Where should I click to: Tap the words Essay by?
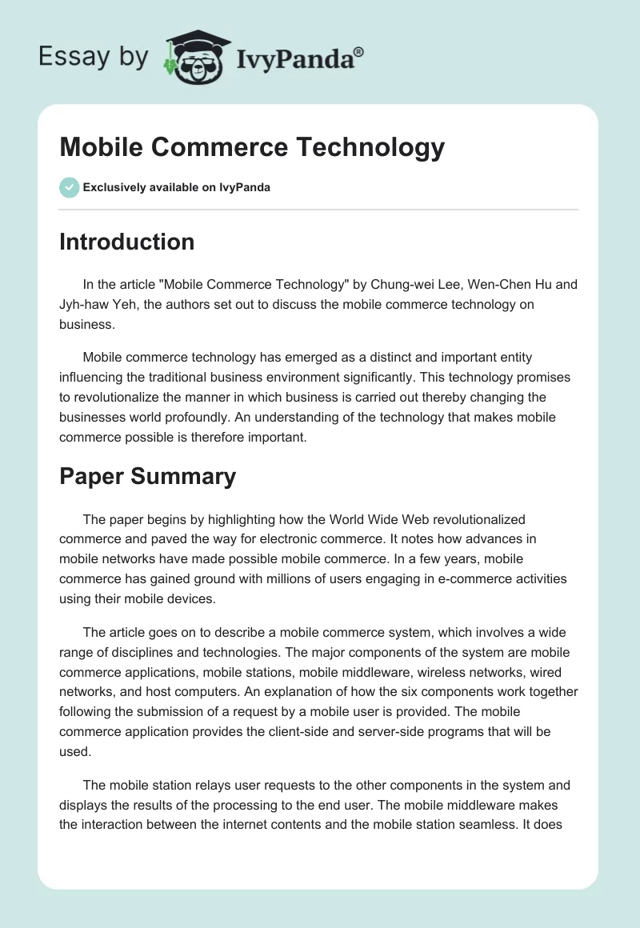[x=92, y=58]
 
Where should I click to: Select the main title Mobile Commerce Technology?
[x=252, y=147]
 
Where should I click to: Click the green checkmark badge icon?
[x=69, y=187]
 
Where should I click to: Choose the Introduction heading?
[x=126, y=242]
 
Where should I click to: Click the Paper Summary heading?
[x=147, y=476]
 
